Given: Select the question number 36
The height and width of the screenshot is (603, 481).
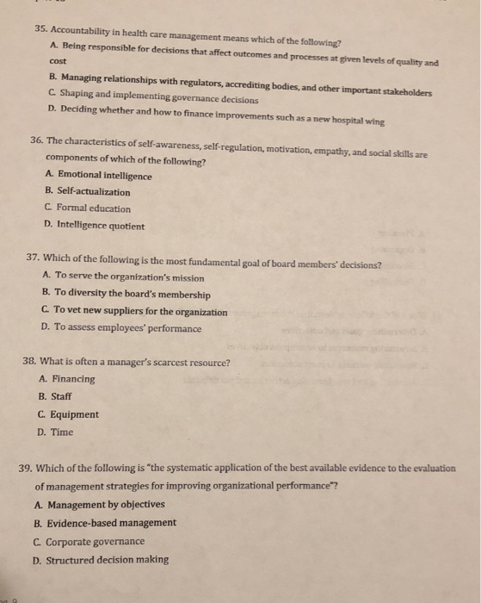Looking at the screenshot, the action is pyautogui.click(x=40, y=140).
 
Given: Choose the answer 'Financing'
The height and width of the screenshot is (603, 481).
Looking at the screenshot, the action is pyautogui.click(x=74, y=379).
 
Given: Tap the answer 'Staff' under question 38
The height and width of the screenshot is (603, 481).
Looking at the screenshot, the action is pyautogui.click(x=64, y=396).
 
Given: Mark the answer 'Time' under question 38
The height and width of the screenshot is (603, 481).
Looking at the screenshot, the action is pyautogui.click(x=63, y=432).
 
